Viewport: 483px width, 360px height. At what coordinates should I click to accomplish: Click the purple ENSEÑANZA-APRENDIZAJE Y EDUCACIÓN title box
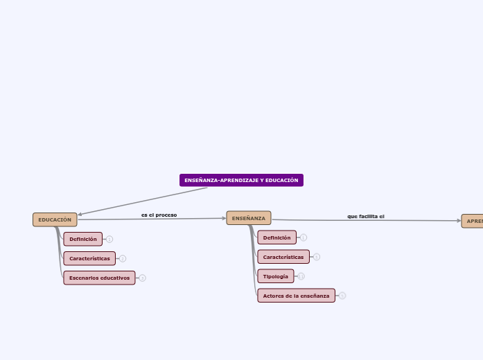tap(241, 180)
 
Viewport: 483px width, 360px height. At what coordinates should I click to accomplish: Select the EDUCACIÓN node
tap(55, 219)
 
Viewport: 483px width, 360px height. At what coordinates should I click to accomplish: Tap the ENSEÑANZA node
tap(249, 218)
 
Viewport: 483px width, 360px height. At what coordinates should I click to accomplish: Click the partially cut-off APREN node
tap(473, 221)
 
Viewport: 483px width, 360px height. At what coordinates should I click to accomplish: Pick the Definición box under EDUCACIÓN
tap(83, 239)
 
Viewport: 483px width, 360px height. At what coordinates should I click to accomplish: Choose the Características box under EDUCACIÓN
tap(89, 258)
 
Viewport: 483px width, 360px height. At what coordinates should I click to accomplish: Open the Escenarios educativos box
tap(99, 278)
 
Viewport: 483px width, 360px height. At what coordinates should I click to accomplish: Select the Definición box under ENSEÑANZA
tap(276, 237)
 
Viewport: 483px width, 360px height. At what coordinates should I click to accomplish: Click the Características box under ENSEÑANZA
tap(283, 257)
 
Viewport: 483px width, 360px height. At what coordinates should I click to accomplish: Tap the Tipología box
tap(275, 276)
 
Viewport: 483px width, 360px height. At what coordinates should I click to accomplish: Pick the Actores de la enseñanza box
tap(296, 296)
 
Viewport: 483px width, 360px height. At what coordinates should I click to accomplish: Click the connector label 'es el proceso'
tap(159, 215)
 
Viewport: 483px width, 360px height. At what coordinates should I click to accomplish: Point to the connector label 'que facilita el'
tap(366, 216)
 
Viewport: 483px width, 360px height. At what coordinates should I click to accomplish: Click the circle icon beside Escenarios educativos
tap(143, 278)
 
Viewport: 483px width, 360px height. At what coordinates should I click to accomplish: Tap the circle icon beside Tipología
tap(301, 276)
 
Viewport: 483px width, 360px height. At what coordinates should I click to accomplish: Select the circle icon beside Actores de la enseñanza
tap(342, 296)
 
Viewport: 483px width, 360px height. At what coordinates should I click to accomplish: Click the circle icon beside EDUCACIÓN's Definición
tap(109, 239)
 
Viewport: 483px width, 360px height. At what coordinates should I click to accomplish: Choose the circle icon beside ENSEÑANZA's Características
tap(317, 257)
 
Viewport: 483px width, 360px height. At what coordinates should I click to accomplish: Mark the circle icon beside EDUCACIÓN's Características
tap(123, 258)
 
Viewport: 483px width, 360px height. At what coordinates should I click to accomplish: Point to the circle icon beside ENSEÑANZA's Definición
tap(304, 237)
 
